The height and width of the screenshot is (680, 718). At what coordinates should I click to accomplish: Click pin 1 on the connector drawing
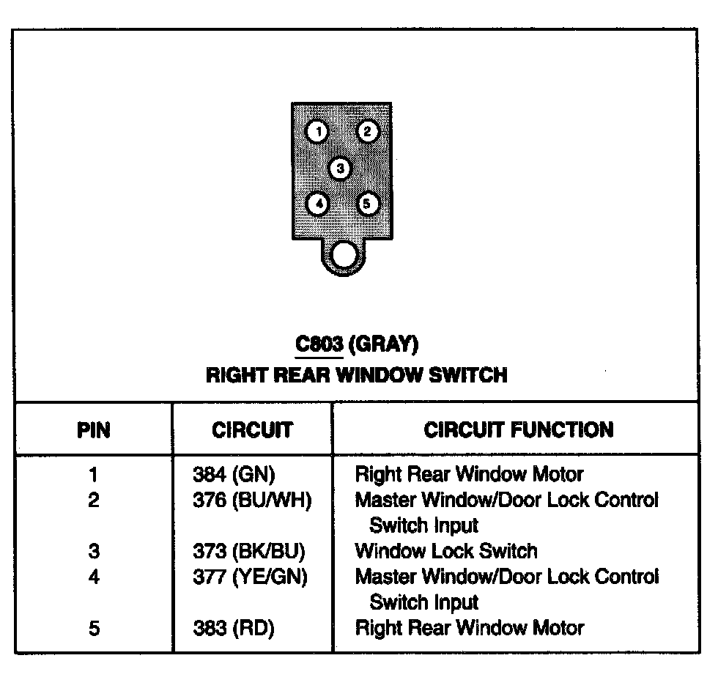pyautogui.click(x=317, y=132)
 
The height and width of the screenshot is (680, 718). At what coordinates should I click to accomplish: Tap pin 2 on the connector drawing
pyautogui.click(x=367, y=131)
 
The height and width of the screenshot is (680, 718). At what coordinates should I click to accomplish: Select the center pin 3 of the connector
pyautogui.click(x=340, y=169)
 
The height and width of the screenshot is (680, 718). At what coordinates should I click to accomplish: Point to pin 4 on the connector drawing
pyautogui.click(x=317, y=203)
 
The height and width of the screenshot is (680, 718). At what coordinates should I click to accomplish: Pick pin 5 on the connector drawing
pyautogui.click(x=367, y=203)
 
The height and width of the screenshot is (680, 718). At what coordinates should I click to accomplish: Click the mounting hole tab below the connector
pyautogui.click(x=343, y=256)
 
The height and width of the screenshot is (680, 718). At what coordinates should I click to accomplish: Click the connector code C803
pyautogui.click(x=319, y=344)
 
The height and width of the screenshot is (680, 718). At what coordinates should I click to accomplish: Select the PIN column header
pyautogui.click(x=94, y=429)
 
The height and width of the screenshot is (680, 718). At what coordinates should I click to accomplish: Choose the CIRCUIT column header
pyautogui.click(x=252, y=429)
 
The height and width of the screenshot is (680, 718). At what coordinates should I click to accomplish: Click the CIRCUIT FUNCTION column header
pyautogui.click(x=519, y=429)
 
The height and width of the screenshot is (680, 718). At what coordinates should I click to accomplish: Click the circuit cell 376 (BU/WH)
pyautogui.click(x=252, y=500)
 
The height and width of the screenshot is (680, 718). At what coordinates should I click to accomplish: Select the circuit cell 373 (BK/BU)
pyautogui.click(x=248, y=551)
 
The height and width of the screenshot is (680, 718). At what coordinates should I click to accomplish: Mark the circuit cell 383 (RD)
pyautogui.click(x=234, y=628)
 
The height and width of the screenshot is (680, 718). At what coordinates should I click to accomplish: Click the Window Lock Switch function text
pyautogui.click(x=446, y=551)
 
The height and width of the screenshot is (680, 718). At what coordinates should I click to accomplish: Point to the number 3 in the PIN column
pyautogui.click(x=94, y=551)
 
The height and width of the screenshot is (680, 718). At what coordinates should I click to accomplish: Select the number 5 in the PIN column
pyautogui.click(x=94, y=628)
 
